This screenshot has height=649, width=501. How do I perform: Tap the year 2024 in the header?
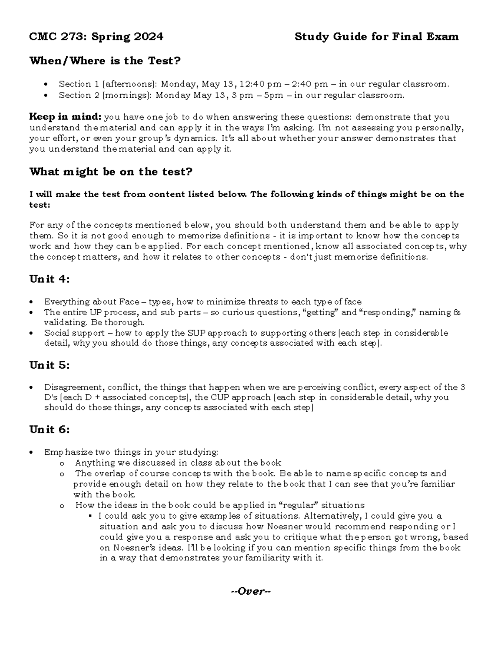click(149, 37)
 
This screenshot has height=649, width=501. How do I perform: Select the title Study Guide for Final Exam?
click(377, 37)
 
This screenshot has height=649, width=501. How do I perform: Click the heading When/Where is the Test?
click(105, 61)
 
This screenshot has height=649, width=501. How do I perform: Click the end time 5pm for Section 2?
click(273, 95)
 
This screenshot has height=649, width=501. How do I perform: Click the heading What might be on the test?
click(111, 172)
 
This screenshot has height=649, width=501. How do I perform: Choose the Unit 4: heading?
click(49, 279)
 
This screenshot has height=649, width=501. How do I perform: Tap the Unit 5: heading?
click(49, 365)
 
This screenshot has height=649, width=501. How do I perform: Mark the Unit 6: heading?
click(49, 430)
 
